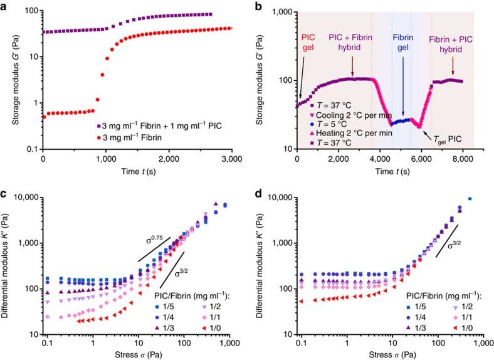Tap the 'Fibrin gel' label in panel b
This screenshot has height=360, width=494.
tap(403, 41)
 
